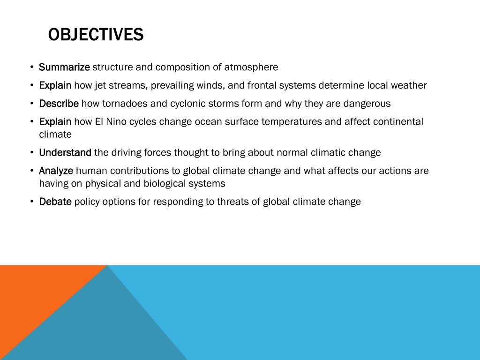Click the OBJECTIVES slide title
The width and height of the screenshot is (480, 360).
click(96, 35)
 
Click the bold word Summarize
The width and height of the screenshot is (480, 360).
click(64, 67)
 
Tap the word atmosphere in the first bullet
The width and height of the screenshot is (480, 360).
click(251, 67)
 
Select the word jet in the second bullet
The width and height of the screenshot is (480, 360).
click(101, 85)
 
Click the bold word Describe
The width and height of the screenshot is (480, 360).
click(59, 104)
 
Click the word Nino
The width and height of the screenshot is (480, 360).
click(117, 122)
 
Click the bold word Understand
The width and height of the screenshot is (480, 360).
click(65, 153)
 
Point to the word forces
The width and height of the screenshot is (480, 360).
click(157, 153)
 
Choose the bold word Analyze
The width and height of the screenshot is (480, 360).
click(56, 171)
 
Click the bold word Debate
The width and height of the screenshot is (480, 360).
click(55, 202)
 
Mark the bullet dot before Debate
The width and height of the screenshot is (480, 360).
click(31, 202)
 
